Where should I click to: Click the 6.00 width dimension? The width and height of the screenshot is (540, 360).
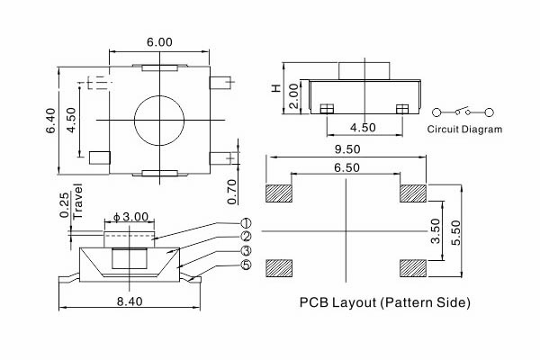[x=161, y=42]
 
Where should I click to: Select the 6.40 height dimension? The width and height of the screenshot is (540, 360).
[x=51, y=119]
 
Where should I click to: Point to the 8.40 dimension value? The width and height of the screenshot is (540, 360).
[x=128, y=302]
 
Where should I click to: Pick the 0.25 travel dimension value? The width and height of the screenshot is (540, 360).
[x=64, y=205]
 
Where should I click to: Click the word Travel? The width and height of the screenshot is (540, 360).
[x=78, y=202]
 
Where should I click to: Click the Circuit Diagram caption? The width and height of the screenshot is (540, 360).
[x=464, y=130]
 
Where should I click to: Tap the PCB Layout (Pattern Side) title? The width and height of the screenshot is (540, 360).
[x=384, y=302]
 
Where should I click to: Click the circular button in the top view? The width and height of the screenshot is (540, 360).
[x=158, y=120]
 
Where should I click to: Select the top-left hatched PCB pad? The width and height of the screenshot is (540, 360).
[x=280, y=193]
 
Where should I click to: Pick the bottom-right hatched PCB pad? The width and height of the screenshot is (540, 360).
[x=412, y=267]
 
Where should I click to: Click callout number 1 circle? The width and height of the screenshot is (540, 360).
[x=246, y=223]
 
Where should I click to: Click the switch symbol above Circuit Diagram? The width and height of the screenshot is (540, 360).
[x=463, y=112]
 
